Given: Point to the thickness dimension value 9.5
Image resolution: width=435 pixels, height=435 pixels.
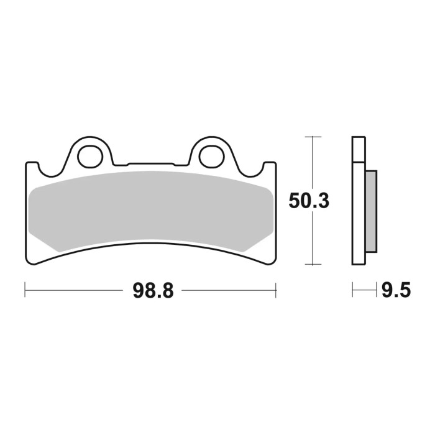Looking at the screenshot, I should [x=396, y=290].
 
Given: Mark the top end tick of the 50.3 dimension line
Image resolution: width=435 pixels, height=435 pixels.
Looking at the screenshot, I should [x=313, y=136].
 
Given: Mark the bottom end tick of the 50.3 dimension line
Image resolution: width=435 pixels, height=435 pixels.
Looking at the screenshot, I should [x=313, y=264].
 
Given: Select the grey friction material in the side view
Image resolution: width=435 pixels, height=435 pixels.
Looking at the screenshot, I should [x=371, y=211].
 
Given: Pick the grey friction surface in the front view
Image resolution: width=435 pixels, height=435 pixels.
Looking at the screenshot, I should [x=149, y=208].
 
